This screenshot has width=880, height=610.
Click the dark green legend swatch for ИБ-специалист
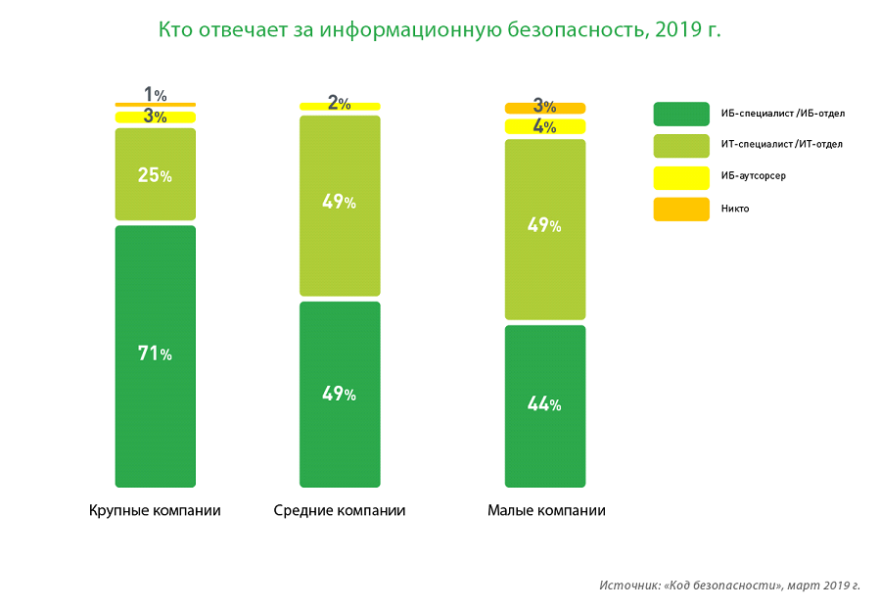(x=681, y=114)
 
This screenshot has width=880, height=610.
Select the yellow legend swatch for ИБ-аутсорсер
(x=681, y=177)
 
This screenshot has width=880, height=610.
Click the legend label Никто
(x=734, y=209)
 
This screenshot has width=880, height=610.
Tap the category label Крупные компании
(x=155, y=511)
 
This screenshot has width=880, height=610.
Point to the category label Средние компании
(x=340, y=511)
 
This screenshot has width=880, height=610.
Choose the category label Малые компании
(x=546, y=511)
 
